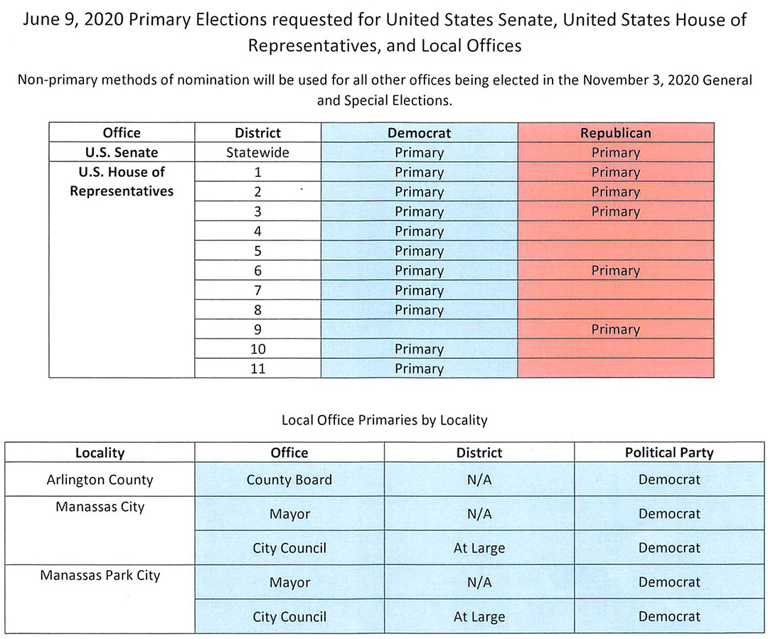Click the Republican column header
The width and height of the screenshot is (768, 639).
616,133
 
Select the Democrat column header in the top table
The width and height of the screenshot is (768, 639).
420,133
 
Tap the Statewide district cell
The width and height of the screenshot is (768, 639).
257,152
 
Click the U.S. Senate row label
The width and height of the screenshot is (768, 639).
122,152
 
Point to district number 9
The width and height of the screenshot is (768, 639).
257,329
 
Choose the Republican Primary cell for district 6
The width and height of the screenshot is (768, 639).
616,270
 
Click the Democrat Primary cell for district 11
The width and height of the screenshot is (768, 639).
420,368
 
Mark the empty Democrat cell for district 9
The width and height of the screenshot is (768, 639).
420,329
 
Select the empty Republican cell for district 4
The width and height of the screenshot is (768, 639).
616,230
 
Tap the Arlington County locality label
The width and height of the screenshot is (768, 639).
100,479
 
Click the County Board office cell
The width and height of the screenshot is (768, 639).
289,479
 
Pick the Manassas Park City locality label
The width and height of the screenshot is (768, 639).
100,575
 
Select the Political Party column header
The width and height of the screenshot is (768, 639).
669,453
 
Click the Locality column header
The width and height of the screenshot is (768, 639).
100,453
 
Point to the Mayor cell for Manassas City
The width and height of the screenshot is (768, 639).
289,514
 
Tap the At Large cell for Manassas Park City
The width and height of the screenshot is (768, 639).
479,616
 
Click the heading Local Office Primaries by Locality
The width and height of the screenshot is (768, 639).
385,420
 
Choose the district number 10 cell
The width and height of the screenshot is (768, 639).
257,348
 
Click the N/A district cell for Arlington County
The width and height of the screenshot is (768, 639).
479,479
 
